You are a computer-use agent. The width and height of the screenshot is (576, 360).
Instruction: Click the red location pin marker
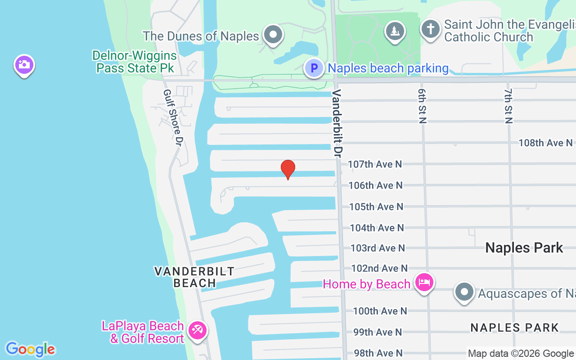(288, 169)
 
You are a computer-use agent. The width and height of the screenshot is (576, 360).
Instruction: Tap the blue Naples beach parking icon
(314, 68)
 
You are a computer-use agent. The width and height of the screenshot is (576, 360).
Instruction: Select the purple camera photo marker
(24, 65)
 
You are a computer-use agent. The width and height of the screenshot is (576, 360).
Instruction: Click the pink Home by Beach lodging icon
(424, 283)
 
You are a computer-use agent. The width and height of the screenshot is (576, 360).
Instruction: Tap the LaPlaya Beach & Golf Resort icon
(197, 331)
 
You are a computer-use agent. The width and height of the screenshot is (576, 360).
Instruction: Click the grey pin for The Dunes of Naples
(273, 34)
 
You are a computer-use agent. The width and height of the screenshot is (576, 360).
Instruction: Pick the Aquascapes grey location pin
(464, 292)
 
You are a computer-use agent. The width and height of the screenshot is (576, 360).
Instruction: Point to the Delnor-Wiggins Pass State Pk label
(135, 62)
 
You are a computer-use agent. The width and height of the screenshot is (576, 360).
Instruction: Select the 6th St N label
(422, 105)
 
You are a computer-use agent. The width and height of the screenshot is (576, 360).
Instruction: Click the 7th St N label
(508, 105)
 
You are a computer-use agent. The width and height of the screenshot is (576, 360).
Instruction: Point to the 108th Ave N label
(545, 143)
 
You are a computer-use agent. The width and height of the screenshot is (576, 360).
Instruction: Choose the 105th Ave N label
(376, 207)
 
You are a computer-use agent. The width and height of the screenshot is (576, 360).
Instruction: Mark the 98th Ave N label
(378, 353)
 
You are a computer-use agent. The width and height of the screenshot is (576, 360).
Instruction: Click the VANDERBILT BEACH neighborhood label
(194, 277)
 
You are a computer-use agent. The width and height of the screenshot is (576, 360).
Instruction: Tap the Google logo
(30, 349)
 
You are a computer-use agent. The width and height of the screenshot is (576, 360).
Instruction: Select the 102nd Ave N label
(379, 269)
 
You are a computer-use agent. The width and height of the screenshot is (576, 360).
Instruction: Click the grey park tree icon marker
(395, 31)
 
